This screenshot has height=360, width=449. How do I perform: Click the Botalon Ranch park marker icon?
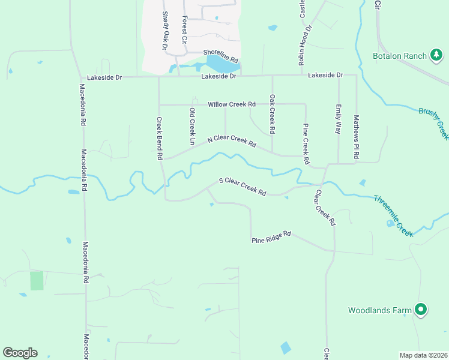point(436,56)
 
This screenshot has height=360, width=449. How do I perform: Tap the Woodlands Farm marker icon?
point(421,310)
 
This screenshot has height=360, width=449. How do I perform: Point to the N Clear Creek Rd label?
point(232,142)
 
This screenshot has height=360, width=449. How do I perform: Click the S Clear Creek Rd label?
point(243,186)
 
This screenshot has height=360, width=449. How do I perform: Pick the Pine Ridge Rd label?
point(271,237)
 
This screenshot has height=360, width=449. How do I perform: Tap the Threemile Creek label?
point(394,215)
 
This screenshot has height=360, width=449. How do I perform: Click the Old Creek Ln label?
point(192,126)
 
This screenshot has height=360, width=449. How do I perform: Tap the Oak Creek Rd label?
point(272,113)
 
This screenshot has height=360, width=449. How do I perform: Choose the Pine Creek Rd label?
point(306,144)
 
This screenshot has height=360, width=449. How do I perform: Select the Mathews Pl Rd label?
point(356,136)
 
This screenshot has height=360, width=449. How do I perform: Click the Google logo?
point(20,353)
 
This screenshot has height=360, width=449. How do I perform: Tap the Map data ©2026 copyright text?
point(423,355)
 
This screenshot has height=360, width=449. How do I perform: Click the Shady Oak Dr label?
point(164,30)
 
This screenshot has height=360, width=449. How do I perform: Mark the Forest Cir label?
point(185,29)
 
